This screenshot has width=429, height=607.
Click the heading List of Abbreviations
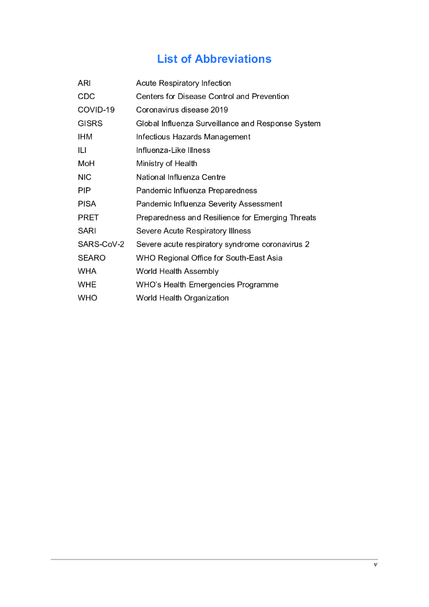click(214, 59)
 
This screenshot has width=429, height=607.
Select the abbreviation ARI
click(84, 83)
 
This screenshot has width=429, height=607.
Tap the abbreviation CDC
click(86, 97)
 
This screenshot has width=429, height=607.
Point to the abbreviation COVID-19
click(96, 110)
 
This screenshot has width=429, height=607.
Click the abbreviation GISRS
click(90, 123)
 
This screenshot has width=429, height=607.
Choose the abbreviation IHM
click(85, 137)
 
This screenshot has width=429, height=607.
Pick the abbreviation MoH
click(85, 164)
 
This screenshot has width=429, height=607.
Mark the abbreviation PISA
click(87, 204)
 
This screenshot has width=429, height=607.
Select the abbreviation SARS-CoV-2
click(101, 244)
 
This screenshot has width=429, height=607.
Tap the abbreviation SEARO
click(91, 258)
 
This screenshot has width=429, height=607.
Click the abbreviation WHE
click(87, 285)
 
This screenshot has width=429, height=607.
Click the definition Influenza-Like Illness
click(173, 150)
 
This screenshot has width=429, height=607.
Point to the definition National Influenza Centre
click(181, 177)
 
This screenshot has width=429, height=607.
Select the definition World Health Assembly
click(177, 271)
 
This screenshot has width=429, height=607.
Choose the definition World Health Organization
click(183, 298)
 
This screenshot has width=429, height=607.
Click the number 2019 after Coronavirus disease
click(219, 110)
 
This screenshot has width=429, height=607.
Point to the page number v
click(375, 564)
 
